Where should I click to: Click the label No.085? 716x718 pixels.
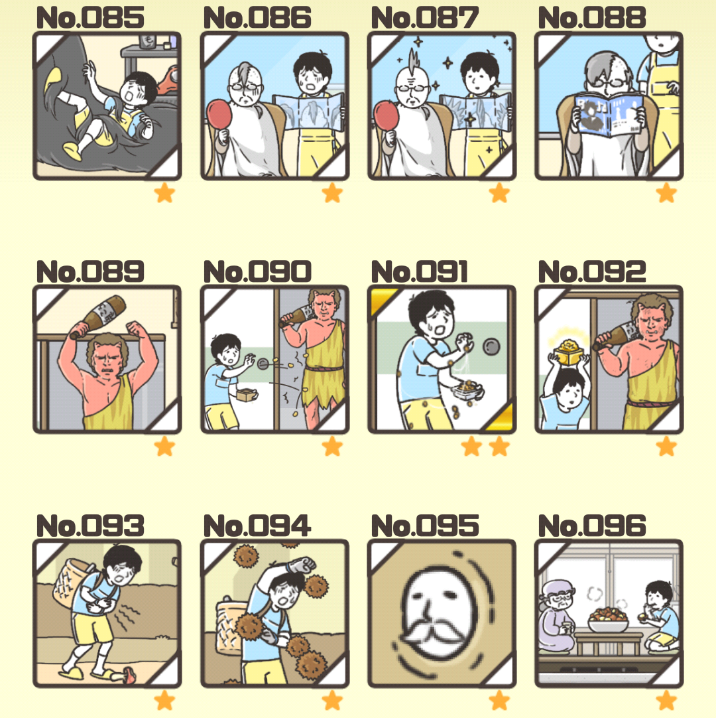(90, 18)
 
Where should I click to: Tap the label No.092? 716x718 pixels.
(592, 271)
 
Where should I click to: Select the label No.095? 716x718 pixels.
(425, 526)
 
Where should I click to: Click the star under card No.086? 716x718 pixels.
(332, 193)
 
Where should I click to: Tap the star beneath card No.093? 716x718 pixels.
(164, 701)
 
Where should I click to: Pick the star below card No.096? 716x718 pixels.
(666, 701)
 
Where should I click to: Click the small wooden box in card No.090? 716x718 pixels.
(247, 394)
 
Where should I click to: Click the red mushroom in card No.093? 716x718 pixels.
(129, 674)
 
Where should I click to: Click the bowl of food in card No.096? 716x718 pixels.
(607, 620)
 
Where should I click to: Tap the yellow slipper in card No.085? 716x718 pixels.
(73, 151)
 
